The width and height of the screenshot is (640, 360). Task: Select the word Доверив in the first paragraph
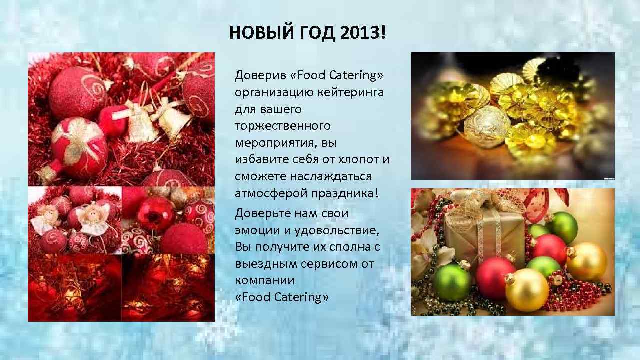[260, 76]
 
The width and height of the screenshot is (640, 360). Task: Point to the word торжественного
[283, 126]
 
